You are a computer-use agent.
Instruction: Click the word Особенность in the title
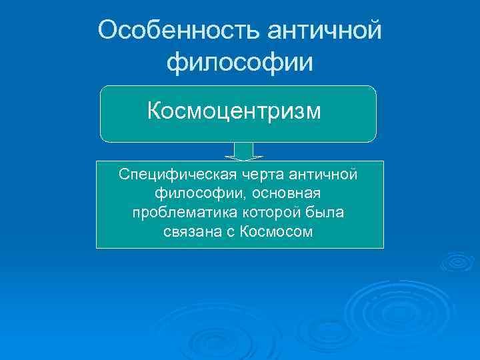[176, 29]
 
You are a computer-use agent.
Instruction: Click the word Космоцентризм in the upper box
[234, 110]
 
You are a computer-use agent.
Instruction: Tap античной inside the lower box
[324, 174]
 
